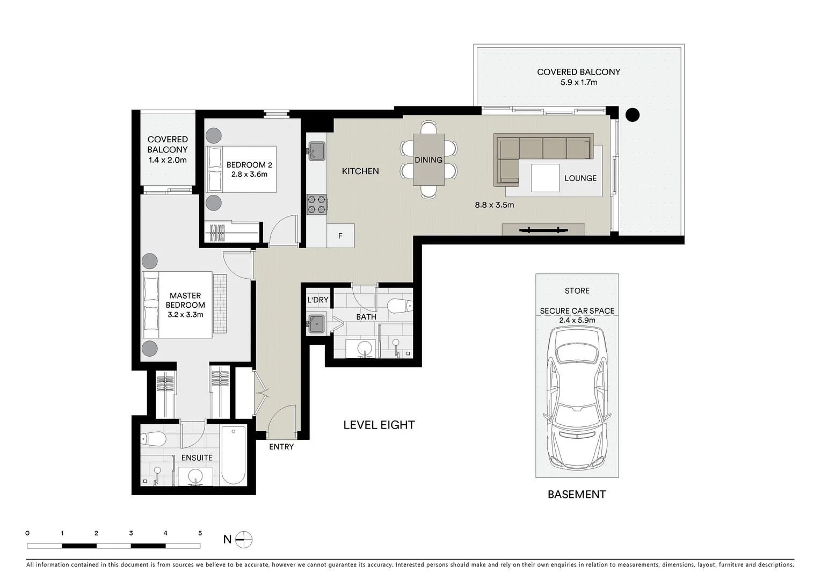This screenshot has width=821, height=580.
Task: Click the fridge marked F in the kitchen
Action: pyautogui.click(x=340, y=236)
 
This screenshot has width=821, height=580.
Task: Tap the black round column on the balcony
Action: pyautogui.click(x=633, y=114)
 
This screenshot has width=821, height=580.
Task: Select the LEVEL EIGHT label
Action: pyautogui.click(x=379, y=425)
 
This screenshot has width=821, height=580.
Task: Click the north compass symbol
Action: pyautogui.click(x=243, y=539)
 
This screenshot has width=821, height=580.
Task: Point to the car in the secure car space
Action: pyautogui.click(x=577, y=400)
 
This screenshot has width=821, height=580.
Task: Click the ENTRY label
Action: pyautogui.click(x=281, y=447)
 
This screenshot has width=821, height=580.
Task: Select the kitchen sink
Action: pyautogui.click(x=316, y=151)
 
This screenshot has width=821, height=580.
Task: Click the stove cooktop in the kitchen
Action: pyautogui.click(x=316, y=205)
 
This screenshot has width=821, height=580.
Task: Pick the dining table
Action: pyautogui.click(x=428, y=160)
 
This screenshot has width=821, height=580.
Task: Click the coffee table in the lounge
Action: pyautogui.click(x=545, y=178)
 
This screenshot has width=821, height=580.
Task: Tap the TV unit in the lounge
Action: pyautogui.click(x=543, y=230)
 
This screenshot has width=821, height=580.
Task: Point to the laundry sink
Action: pyautogui.click(x=316, y=323)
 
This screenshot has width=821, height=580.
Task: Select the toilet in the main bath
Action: pyautogui.click(x=400, y=306)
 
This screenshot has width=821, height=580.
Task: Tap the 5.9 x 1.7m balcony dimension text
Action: pyautogui.click(x=578, y=82)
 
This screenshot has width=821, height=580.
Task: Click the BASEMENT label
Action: pyautogui.click(x=577, y=495)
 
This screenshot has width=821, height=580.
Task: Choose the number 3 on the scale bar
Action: pyautogui.click(x=131, y=533)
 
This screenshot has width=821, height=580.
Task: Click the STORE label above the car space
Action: pyautogui.click(x=577, y=291)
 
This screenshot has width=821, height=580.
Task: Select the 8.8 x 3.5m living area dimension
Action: pyautogui.click(x=494, y=205)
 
